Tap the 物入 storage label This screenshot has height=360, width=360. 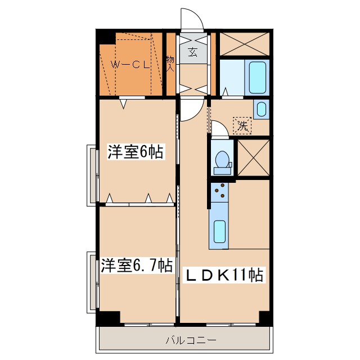click(x=170, y=63)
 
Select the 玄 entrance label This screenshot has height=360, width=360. click(x=193, y=53)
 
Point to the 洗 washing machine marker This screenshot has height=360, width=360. click(x=242, y=125)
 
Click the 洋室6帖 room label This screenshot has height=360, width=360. click(x=136, y=152)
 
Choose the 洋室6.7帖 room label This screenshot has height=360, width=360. click(x=137, y=265)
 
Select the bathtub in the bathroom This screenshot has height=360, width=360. click(x=257, y=78)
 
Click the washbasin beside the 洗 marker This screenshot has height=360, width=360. click(x=261, y=109)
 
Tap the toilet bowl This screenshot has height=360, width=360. click(x=223, y=160)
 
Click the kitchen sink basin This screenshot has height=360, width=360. click(x=219, y=231)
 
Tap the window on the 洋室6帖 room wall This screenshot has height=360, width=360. click(x=91, y=174)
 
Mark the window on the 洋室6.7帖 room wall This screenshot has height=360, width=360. click(x=91, y=281)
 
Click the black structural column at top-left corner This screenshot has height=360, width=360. click(x=105, y=37)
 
